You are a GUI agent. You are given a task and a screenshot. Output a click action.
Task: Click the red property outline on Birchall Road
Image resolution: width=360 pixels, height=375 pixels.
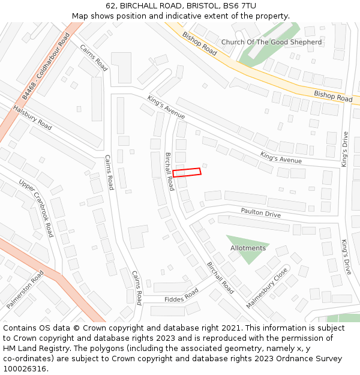pos(187,172)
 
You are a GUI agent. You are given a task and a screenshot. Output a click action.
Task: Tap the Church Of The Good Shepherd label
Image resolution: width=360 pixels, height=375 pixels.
pos(271,42)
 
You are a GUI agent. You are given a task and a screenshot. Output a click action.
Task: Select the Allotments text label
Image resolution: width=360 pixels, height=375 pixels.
pos(248,248)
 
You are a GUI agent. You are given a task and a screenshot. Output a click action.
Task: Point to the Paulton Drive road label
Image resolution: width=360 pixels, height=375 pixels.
pos(260,213)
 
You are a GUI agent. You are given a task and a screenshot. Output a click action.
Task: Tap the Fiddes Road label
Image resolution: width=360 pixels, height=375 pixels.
pos(181,296)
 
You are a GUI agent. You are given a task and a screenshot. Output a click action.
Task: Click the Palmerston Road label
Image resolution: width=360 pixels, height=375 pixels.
pos(25,289)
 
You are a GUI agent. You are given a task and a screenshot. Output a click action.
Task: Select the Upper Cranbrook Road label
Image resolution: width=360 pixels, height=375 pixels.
pos(36,208)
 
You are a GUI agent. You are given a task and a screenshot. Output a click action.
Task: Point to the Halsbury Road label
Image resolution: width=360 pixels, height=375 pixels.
pos(32,118)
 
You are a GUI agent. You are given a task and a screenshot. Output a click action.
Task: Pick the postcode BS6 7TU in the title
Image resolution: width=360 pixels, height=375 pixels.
pos(239,6)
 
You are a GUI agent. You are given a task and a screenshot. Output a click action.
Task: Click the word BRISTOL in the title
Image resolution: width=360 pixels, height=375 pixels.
pos(200,6)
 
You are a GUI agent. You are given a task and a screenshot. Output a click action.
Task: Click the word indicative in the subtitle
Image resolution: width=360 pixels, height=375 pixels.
pos(204,16)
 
